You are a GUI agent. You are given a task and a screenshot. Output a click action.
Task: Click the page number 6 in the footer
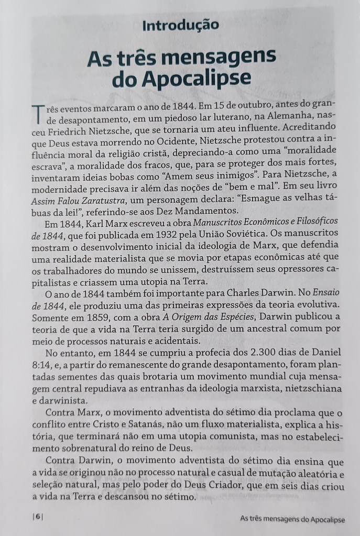pos(37,516)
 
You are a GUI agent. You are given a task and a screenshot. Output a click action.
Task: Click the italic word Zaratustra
pos(102,200)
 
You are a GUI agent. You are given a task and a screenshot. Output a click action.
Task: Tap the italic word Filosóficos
pos(311,224)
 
